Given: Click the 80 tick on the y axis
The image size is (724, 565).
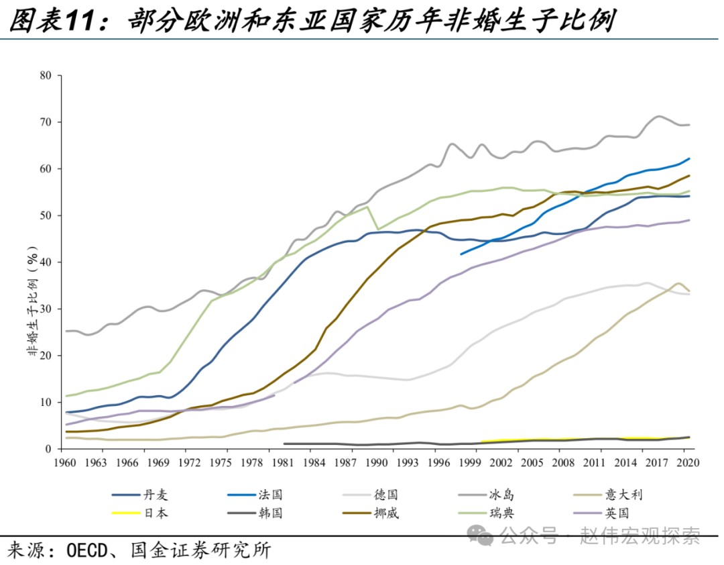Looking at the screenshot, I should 46,75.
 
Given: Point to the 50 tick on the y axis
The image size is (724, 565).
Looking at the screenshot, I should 46,215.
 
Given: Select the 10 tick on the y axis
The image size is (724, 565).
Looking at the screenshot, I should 46,402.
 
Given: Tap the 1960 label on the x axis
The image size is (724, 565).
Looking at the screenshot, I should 64,462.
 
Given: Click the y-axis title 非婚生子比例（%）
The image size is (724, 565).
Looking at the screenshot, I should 31,309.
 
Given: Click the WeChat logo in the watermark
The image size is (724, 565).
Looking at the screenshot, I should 481,535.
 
